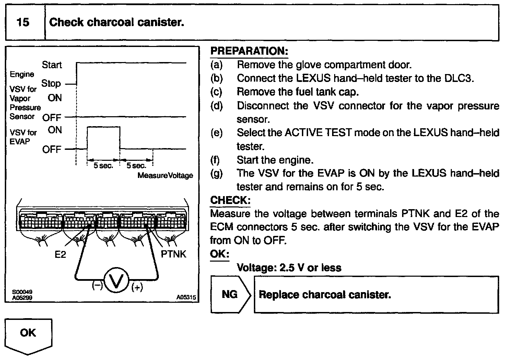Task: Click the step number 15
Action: [x=23, y=23]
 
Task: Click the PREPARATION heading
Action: [x=249, y=51]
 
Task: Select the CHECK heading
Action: [x=230, y=200]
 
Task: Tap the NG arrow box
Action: [x=230, y=294]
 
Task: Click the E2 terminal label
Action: [x=60, y=254]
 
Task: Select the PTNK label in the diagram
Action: [x=173, y=254]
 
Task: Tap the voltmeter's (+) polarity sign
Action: [x=137, y=288]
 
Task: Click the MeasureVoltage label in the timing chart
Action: [x=165, y=176]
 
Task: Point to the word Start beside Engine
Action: [x=52, y=65]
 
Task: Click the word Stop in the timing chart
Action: [x=51, y=83]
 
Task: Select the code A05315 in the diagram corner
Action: [x=186, y=298]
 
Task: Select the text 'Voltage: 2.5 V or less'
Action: [x=289, y=268]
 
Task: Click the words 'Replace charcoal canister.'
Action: [x=325, y=295]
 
